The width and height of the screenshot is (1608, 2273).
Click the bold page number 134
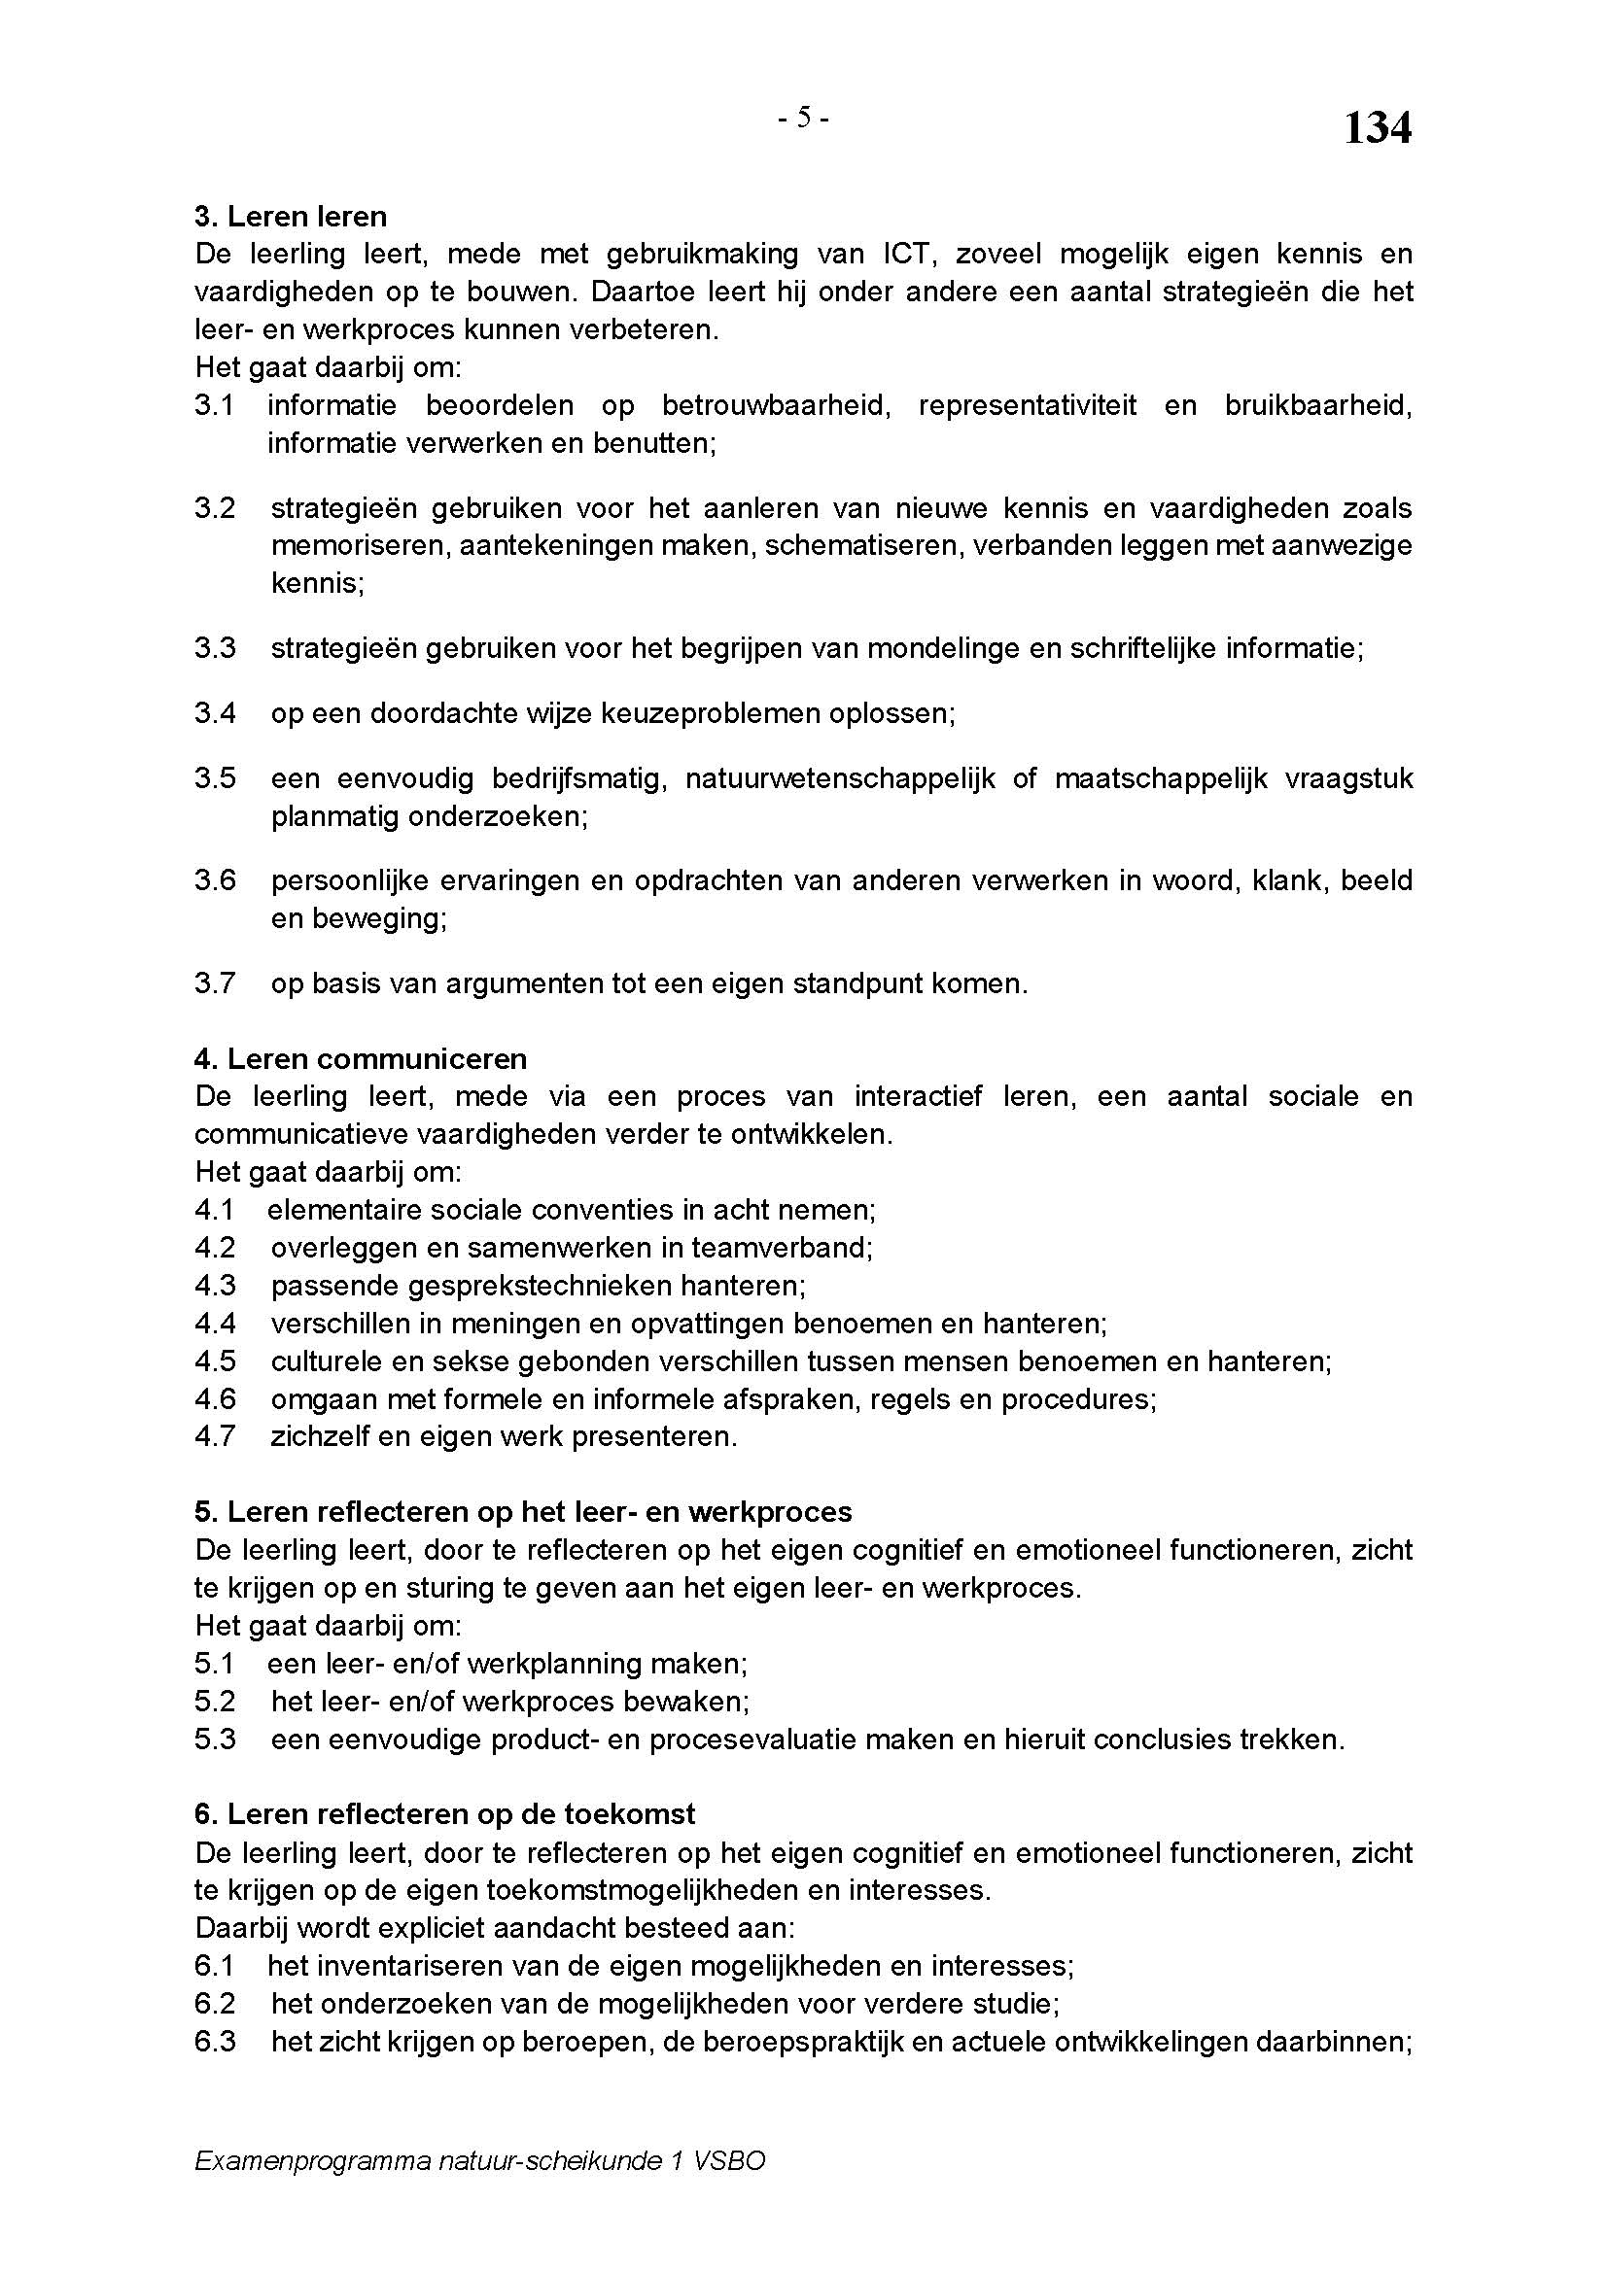coord(1377,128)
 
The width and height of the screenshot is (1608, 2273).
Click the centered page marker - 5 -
coord(803,119)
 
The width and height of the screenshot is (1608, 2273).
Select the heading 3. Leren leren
coord(290,216)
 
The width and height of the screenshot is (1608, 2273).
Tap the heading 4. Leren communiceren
coord(360,1058)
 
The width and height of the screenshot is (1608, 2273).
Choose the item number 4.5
coord(215,1361)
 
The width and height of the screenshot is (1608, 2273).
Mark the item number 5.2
coord(215,1702)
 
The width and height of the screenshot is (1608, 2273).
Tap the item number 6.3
coord(215,2043)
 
